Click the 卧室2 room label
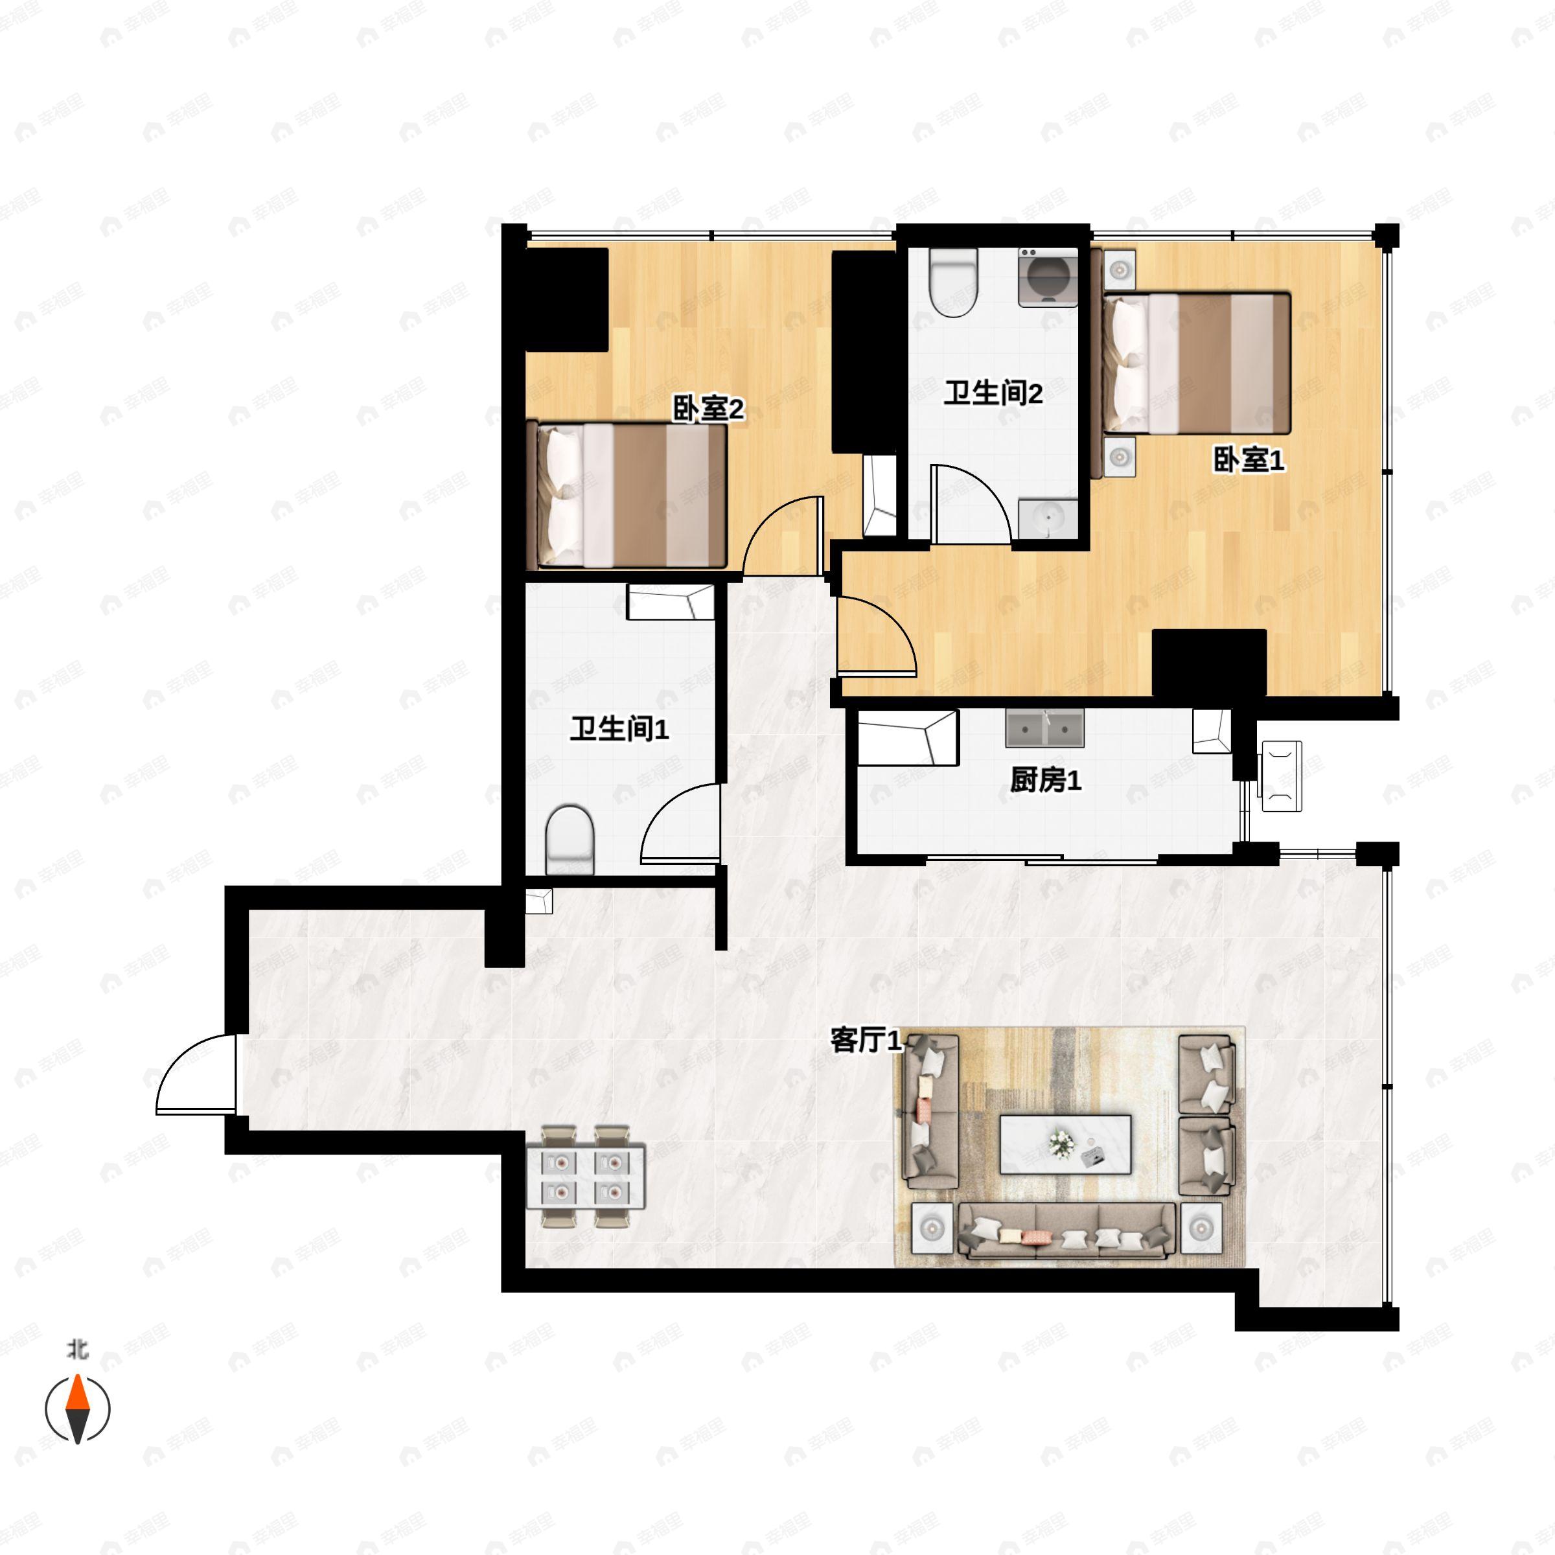tap(708, 409)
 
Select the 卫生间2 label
tap(993, 393)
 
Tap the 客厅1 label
tap(866, 1040)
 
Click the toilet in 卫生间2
tap(953, 282)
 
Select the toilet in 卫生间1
tap(570, 840)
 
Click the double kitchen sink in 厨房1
tap(1044, 728)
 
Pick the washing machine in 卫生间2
tap(1048, 277)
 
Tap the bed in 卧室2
tap(627, 495)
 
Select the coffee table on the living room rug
tap(1065, 1144)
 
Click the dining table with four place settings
tap(586, 1176)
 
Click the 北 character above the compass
tap(77, 1349)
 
